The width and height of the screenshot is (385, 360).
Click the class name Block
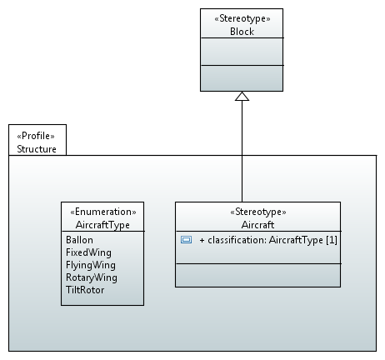point(242,32)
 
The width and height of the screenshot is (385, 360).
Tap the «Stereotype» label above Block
point(242,18)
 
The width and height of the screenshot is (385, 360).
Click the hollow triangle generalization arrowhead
point(242,96)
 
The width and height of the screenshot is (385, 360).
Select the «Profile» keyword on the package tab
point(36,136)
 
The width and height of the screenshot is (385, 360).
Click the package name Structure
point(37,149)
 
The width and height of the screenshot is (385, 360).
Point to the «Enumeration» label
point(103,212)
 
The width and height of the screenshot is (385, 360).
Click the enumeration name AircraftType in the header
point(102,225)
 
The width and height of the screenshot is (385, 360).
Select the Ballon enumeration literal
point(79,240)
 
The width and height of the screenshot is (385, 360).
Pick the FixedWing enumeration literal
point(88,252)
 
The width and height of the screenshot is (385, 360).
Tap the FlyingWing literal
point(91,265)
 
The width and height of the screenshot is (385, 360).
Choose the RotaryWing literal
point(92,277)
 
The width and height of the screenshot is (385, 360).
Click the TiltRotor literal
point(85,290)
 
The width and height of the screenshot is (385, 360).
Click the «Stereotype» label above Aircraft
point(258,212)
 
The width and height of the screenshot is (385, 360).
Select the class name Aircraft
point(257,225)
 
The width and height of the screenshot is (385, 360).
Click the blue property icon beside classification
point(186,239)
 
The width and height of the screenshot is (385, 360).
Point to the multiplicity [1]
point(332,240)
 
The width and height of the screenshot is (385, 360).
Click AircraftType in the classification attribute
point(296,240)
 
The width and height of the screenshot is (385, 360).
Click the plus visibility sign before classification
point(202,240)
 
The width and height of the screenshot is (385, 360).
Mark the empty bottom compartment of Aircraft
point(257,275)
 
